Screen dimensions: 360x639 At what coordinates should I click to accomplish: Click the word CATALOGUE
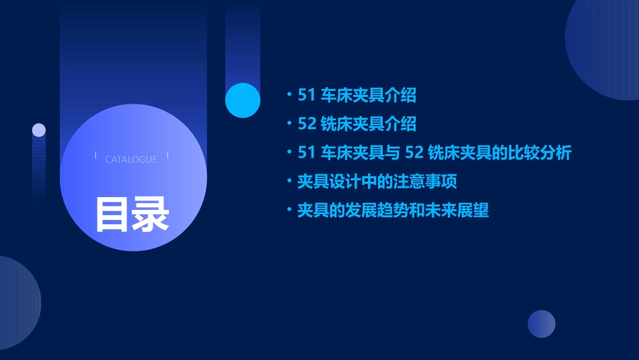tap(131, 159)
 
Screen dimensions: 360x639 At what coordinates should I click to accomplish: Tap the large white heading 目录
tap(132, 214)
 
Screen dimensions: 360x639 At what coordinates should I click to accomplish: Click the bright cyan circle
tap(243, 100)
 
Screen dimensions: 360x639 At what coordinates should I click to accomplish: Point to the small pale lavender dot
tap(39, 130)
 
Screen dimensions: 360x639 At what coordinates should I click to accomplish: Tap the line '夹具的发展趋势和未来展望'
tap(393, 211)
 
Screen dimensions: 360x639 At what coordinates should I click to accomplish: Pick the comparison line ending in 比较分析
tap(434, 153)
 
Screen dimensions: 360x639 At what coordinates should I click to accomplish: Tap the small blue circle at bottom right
tap(541, 324)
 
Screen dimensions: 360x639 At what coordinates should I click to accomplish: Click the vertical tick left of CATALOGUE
tap(96, 156)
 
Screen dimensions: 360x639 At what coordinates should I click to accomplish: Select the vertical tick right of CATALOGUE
tap(167, 156)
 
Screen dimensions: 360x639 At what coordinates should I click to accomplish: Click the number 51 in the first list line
tap(306, 96)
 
